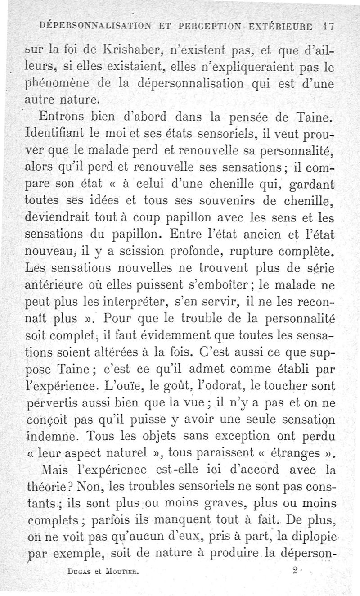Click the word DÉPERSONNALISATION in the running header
(x=94, y=26)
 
